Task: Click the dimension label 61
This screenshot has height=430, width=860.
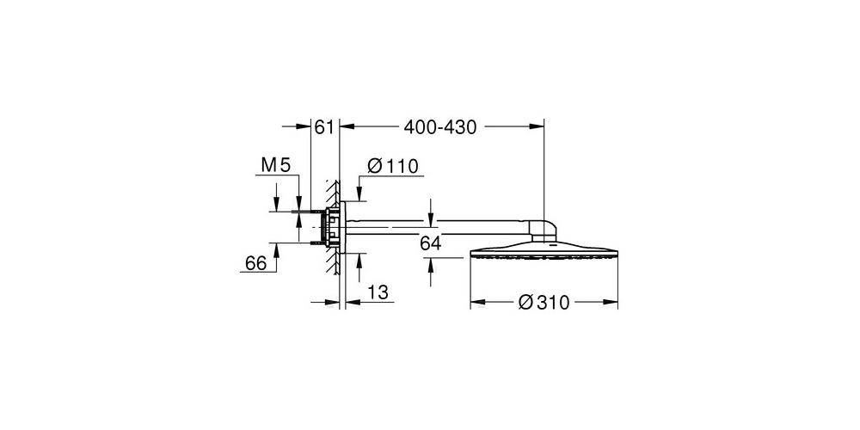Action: pyautogui.click(x=323, y=128)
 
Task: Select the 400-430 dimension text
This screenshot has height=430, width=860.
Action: pyautogui.click(x=439, y=128)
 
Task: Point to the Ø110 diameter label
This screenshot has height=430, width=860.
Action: pyautogui.click(x=392, y=166)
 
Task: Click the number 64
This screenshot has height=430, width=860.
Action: pyautogui.click(x=430, y=244)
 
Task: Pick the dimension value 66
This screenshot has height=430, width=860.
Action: pyautogui.click(x=255, y=264)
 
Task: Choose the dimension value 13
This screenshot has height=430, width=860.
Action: pyautogui.click(x=376, y=292)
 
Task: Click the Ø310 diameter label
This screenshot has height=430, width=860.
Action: pyautogui.click(x=544, y=304)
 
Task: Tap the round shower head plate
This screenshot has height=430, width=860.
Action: pyautogui.click(x=544, y=256)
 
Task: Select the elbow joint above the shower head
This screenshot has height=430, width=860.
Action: pyautogui.click(x=548, y=230)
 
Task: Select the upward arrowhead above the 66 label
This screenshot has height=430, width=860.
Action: pyautogui.click(x=277, y=248)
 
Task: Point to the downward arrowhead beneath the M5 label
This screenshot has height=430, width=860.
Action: pyautogui.click(x=277, y=205)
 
